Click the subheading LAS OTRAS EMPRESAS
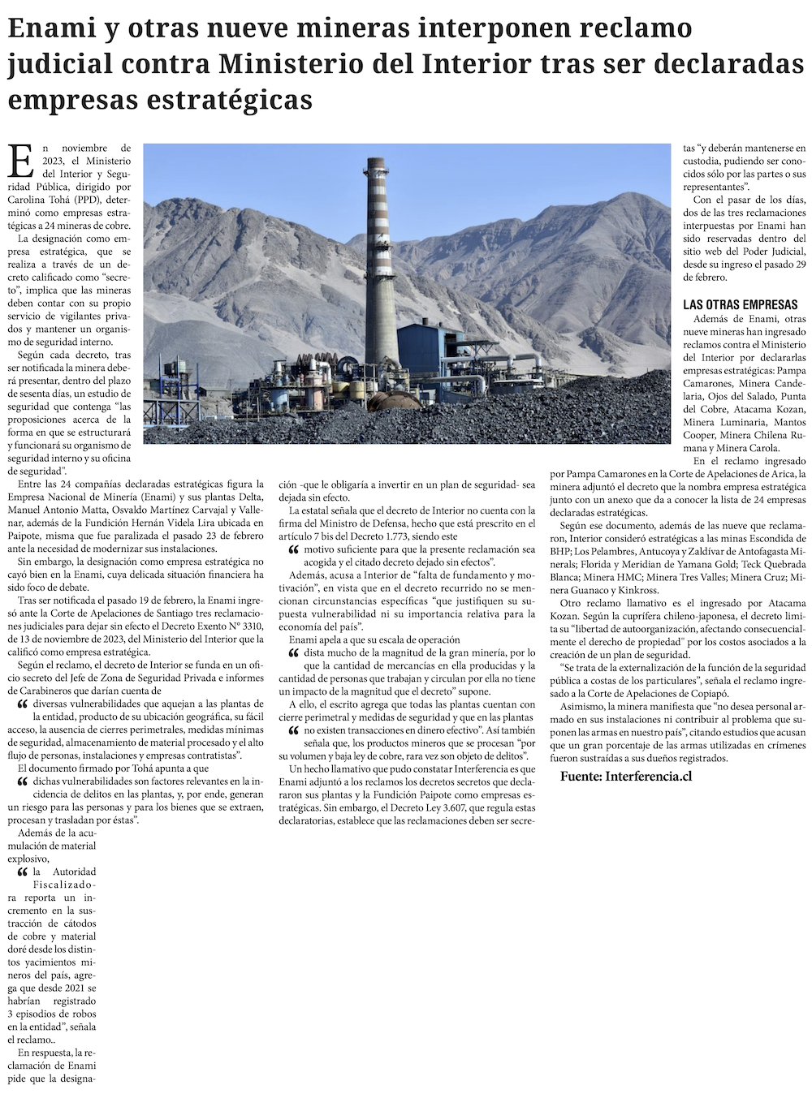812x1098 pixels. (741, 305)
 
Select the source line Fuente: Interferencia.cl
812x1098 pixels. (626, 777)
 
